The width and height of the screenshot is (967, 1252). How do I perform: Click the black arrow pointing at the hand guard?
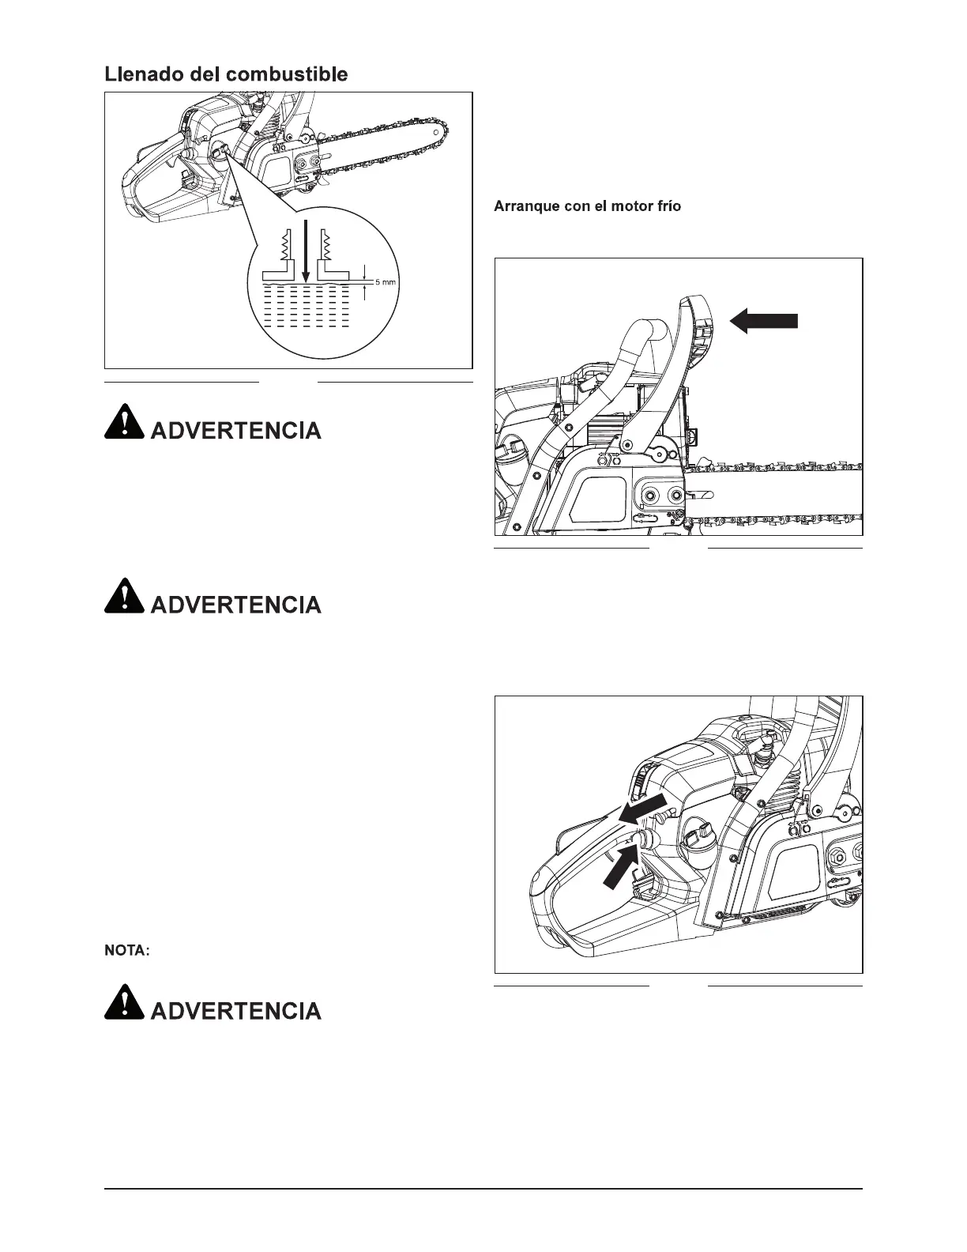click(x=764, y=320)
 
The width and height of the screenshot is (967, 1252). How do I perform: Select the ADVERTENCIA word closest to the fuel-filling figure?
click(x=235, y=432)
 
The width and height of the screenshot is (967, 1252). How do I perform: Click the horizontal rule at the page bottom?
click(x=483, y=1188)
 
